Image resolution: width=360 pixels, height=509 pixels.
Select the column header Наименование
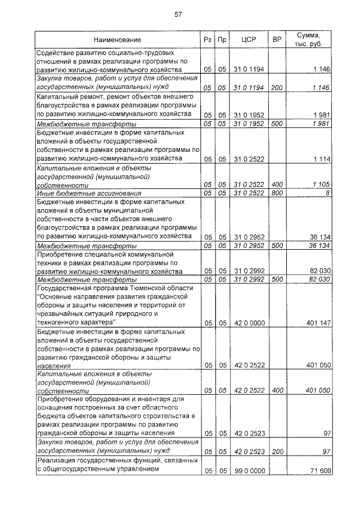click(118, 40)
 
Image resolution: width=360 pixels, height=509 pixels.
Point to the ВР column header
click(276, 40)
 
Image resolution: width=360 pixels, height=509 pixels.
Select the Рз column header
click(208, 40)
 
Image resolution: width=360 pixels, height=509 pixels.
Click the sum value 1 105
click(320, 184)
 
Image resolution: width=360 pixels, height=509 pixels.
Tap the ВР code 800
click(276, 193)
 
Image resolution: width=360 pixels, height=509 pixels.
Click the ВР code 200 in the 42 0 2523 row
click(276, 451)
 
